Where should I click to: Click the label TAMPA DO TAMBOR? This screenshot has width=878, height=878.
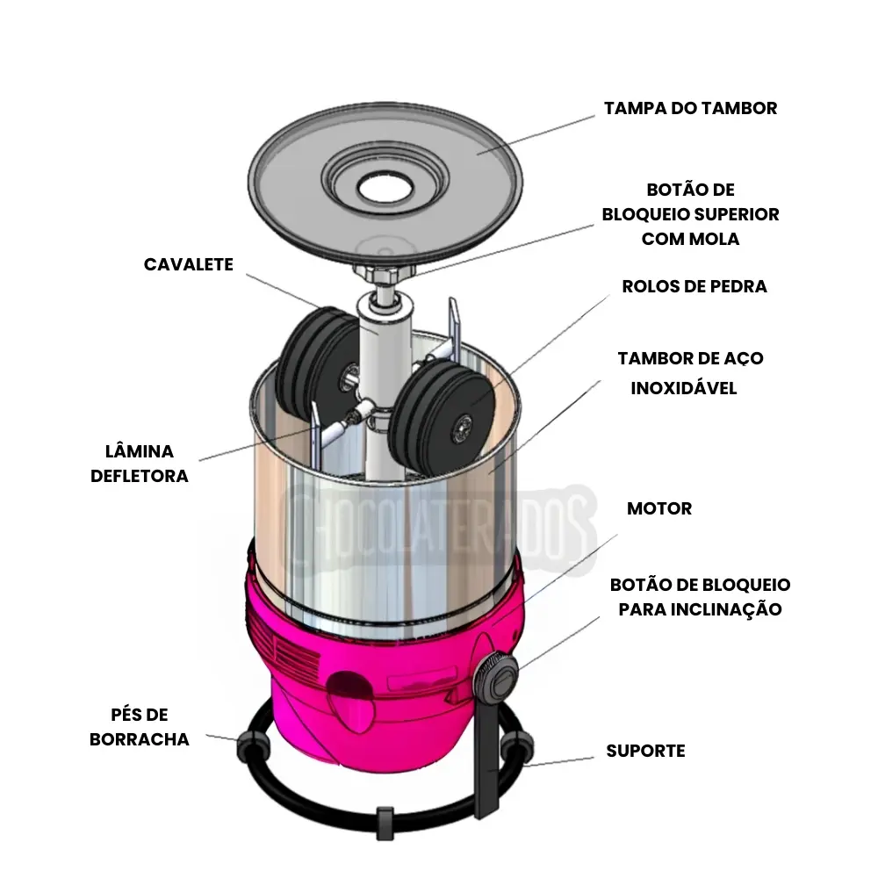coord(690,109)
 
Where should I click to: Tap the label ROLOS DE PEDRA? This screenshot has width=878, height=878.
coord(694,287)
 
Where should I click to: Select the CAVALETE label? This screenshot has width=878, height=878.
coord(189,264)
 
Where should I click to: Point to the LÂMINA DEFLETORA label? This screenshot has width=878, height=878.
coord(140,464)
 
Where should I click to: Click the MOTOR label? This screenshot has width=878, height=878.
coord(658,509)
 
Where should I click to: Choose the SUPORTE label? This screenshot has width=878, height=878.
coord(645,752)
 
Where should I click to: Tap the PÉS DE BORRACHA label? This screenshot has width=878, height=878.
coord(140,727)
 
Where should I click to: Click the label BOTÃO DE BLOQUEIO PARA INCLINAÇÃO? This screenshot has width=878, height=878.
coord(700,597)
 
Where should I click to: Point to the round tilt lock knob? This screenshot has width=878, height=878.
coord(497,677)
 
